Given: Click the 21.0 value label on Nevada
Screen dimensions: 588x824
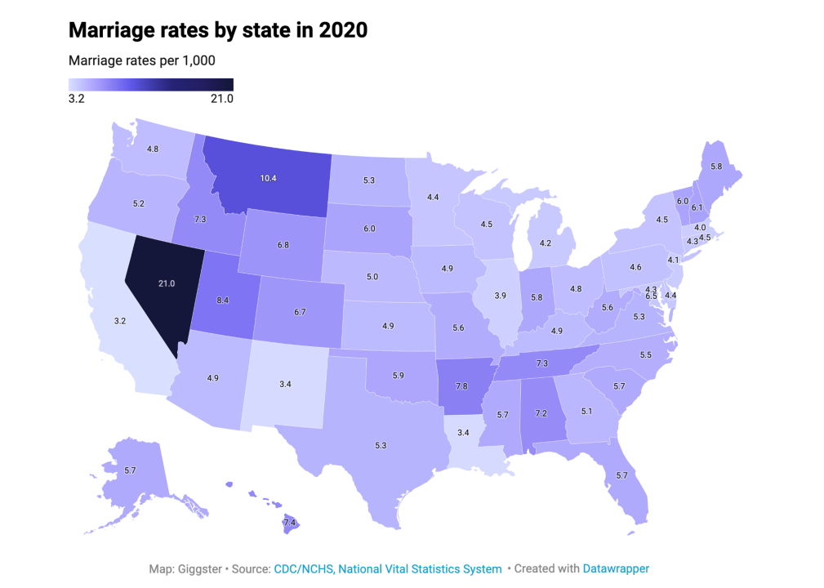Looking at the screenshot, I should click(x=167, y=283).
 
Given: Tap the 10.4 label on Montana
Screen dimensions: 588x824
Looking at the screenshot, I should click(x=267, y=177).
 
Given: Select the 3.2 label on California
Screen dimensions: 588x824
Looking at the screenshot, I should click(x=119, y=321).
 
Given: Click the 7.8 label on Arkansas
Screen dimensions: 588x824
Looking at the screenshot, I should click(x=463, y=385).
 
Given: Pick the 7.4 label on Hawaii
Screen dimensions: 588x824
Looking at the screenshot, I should click(x=289, y=522).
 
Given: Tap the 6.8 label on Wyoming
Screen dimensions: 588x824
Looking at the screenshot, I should click(x=283, y=244).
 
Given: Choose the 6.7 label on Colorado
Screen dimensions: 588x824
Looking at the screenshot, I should click(x=300, y=311).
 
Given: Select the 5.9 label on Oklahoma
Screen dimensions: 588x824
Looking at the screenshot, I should click(x=398, y=376).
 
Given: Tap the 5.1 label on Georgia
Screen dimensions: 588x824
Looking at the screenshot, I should click(x=586, y=411).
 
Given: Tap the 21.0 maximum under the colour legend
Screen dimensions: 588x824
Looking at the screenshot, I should click(x=221, y=99).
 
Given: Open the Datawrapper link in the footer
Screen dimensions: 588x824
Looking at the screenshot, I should click(x=616, y=568).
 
